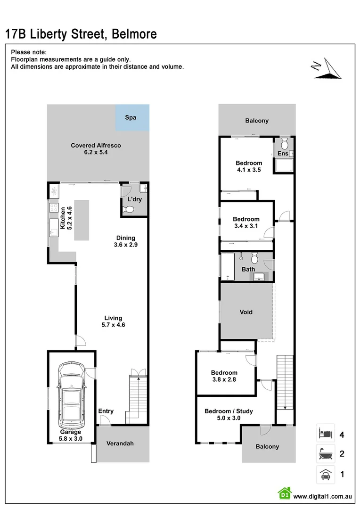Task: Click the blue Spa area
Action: tap(132, 118)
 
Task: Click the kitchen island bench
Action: tap(81, 220)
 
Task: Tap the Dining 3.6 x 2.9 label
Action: tap(125, 241)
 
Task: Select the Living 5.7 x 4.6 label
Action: tap(113, 321)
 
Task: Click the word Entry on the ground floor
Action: tap(106, 411)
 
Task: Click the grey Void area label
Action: tap(245, 312)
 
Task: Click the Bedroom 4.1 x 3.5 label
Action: tap(248, 166)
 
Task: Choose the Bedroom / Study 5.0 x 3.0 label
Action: tap(228, 414)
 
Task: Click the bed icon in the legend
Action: tap(325, 432)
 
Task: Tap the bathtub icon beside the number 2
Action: tap(325, 454)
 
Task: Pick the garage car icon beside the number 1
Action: tap(325, 475)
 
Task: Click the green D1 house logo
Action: tap(285, 493)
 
